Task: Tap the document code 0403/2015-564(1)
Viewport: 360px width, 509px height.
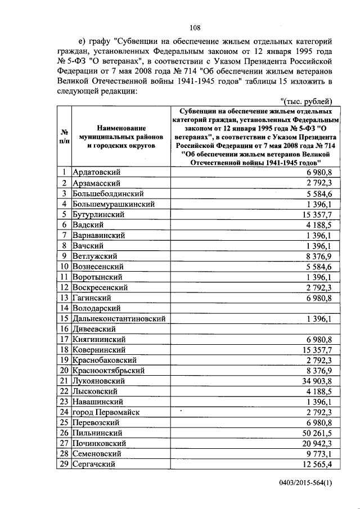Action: tap(307, 483)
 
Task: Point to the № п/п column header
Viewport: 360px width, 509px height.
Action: tap(64, 137)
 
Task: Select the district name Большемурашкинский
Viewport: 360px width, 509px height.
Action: tap(113, 204)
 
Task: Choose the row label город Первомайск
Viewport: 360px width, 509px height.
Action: tap(106, 412)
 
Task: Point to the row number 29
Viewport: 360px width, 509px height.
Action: tap(64, 464)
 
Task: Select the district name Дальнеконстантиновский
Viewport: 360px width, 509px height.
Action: tap(119, 318)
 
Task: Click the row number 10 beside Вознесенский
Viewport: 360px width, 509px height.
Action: tap(64, 266)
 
